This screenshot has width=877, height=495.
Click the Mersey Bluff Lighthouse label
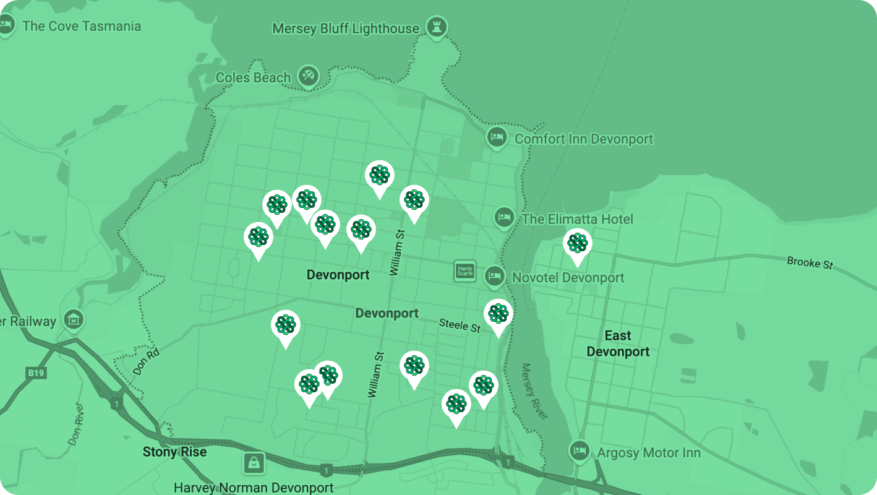tap(346, 29)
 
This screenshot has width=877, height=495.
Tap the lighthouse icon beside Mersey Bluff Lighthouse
tap(437, 27)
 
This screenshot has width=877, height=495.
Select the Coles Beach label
tap(253, 78)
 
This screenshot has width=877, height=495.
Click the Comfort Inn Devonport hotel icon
tap(496, 138)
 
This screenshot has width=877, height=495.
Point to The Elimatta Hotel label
tap(577, 219)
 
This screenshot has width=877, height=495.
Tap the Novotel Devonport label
tap(568, 278)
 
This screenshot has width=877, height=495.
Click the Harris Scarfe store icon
tap(464, 270)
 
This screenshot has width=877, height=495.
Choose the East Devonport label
tap(618, 343)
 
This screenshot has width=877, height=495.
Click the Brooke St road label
tap(810, 262)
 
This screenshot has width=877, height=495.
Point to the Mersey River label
tap(534, 391)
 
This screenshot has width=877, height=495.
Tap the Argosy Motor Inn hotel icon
tap(580, 450)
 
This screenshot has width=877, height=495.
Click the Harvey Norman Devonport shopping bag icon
tap(254, 462)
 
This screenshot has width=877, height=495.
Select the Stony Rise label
tap(174, 452)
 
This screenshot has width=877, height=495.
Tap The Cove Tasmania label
tap(81, 26)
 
